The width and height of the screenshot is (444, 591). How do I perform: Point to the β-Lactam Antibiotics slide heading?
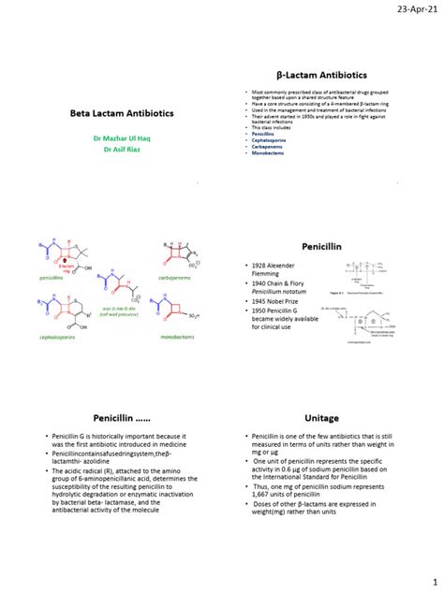point(321,74)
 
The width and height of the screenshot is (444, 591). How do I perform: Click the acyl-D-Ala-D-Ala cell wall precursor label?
point(119,310)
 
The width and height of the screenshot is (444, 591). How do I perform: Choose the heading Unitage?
point(321,419)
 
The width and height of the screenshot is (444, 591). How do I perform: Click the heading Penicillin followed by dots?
point(116,419)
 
